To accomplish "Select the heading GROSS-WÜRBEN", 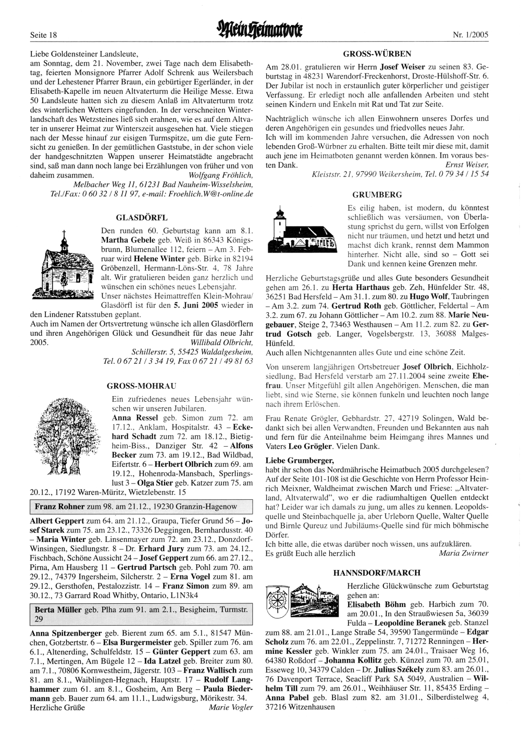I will pos(378,54).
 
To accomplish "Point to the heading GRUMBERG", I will pos(377,195).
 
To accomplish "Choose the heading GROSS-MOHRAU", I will pos(141,386).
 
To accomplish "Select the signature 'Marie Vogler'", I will pos(231,707).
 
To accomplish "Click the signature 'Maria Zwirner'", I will pos(464,553).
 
